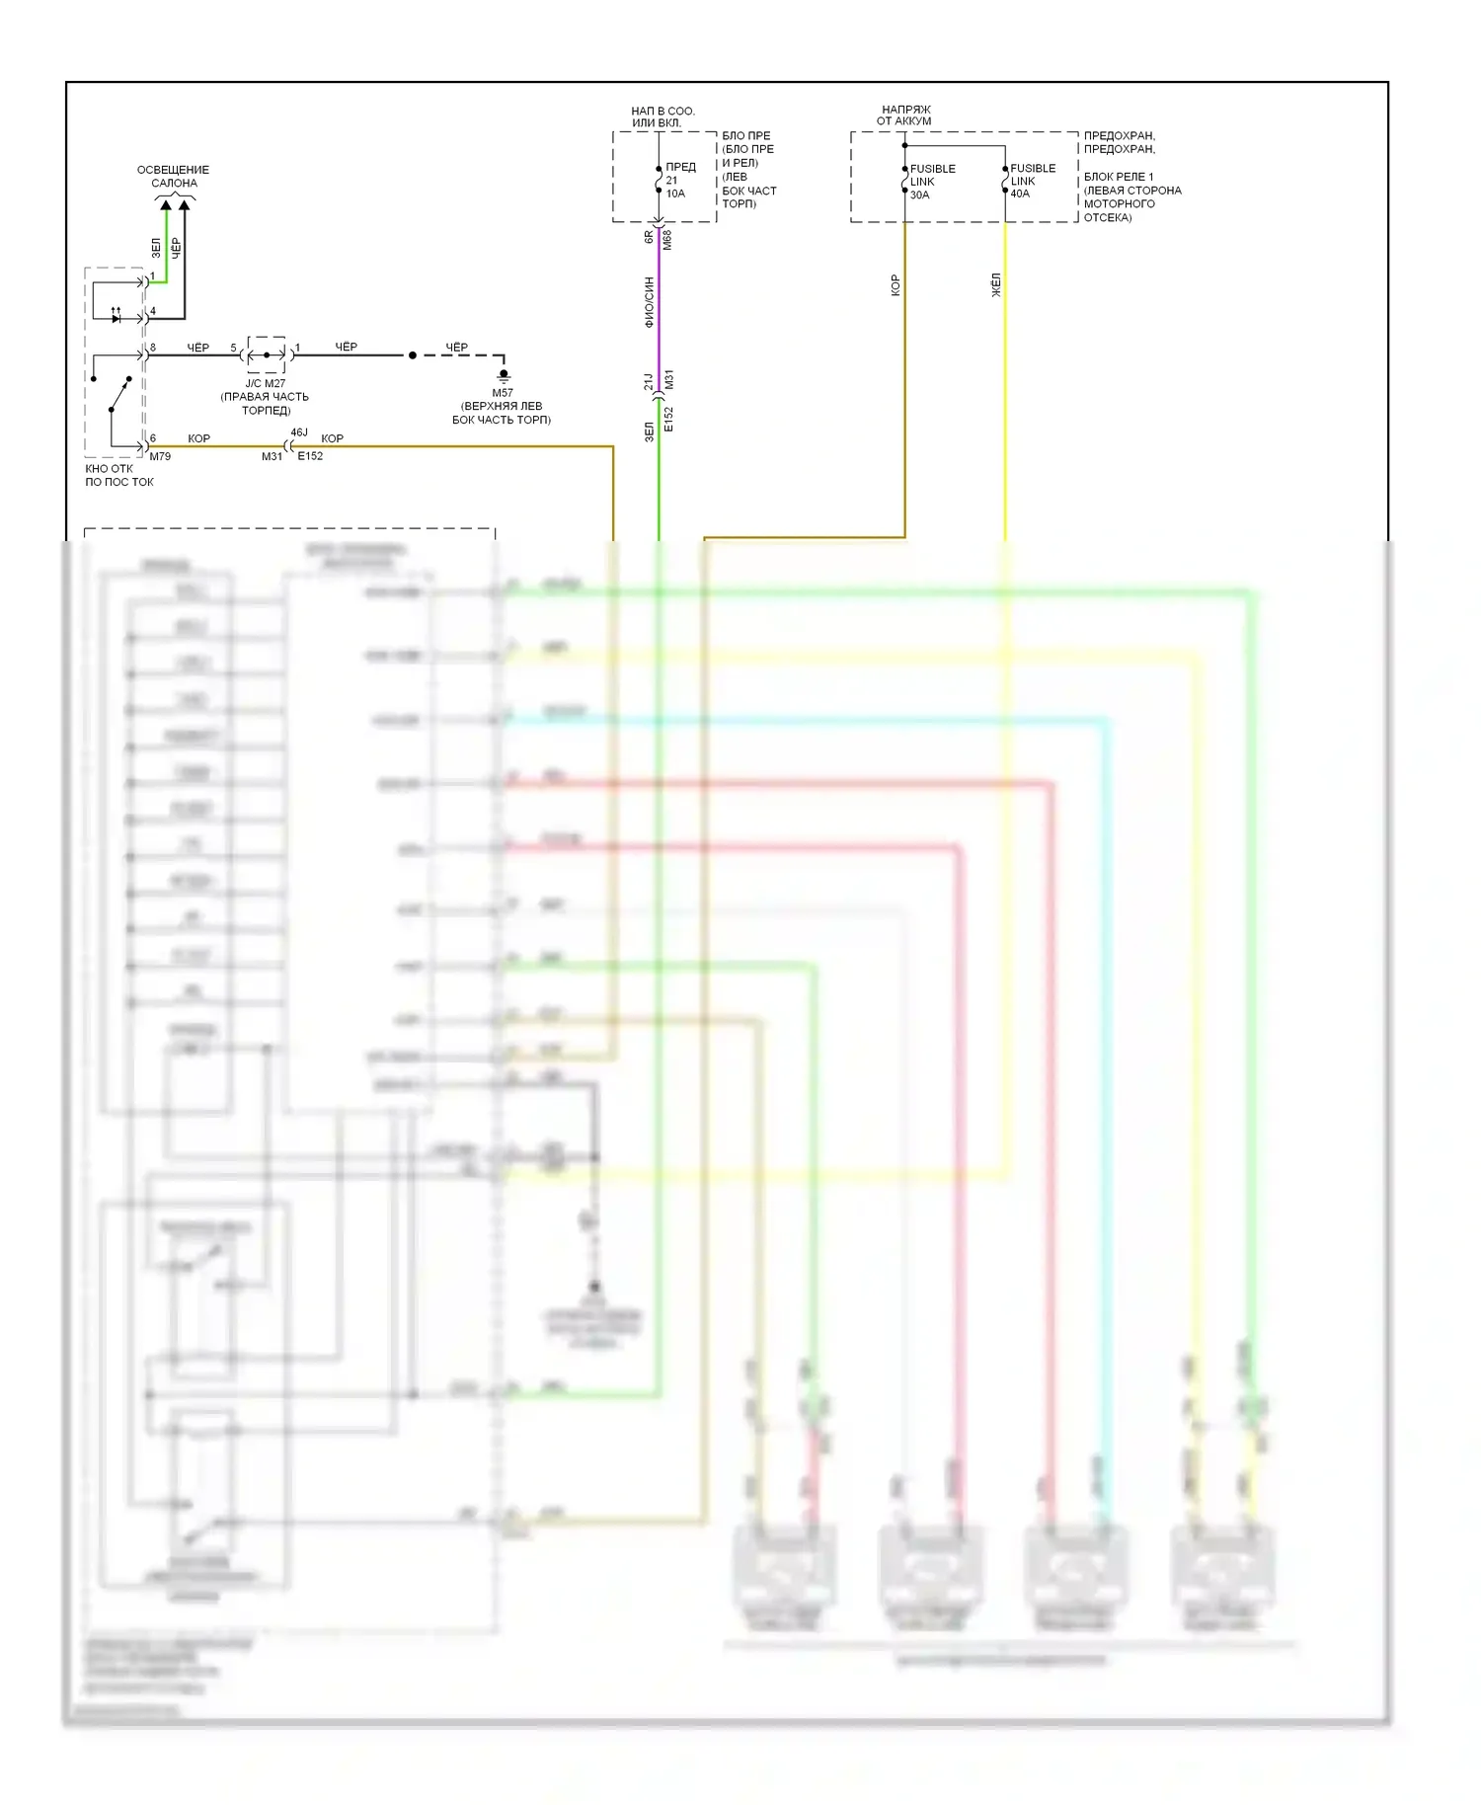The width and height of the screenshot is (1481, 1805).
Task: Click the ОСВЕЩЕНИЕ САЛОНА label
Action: (x=174, y=177)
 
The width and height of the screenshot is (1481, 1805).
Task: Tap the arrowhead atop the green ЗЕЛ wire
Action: (x=166, y=205)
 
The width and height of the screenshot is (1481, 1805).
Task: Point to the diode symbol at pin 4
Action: (x=117, y=318)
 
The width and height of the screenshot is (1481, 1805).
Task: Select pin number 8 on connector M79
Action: (x=153, y=348)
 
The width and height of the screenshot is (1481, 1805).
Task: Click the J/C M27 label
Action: (x=266, y=383)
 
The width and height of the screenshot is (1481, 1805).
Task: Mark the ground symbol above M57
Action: (x=504, y=375)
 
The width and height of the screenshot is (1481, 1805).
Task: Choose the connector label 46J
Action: (x=299, y=432)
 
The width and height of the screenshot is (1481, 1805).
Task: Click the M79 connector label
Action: (x=160, y=456)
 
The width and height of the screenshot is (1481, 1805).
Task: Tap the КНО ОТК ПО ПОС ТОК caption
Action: (x=118, y=475)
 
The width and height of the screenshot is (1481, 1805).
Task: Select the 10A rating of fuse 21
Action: (x=675, y=194)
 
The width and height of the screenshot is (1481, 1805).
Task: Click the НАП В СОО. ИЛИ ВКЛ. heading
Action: (x=663, y=117)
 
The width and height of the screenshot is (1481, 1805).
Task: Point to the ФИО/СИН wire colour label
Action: (x=649, y=302)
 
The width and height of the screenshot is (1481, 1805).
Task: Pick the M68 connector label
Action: (x=667, y=239)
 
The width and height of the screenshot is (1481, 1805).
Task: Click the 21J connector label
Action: (x=649, y=381)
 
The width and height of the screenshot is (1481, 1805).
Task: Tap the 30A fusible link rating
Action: (x=919, y=195)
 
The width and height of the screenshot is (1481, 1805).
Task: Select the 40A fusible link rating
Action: (x=1020, y=194)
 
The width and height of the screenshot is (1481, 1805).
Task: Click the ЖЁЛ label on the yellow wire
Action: (x=996, y=285)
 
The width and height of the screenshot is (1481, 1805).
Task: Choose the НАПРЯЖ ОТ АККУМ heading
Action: (x=905, y=116)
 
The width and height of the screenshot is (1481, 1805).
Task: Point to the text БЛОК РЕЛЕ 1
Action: (x=1119, y=177)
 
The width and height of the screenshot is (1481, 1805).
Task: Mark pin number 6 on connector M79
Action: (x=153, y=438)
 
